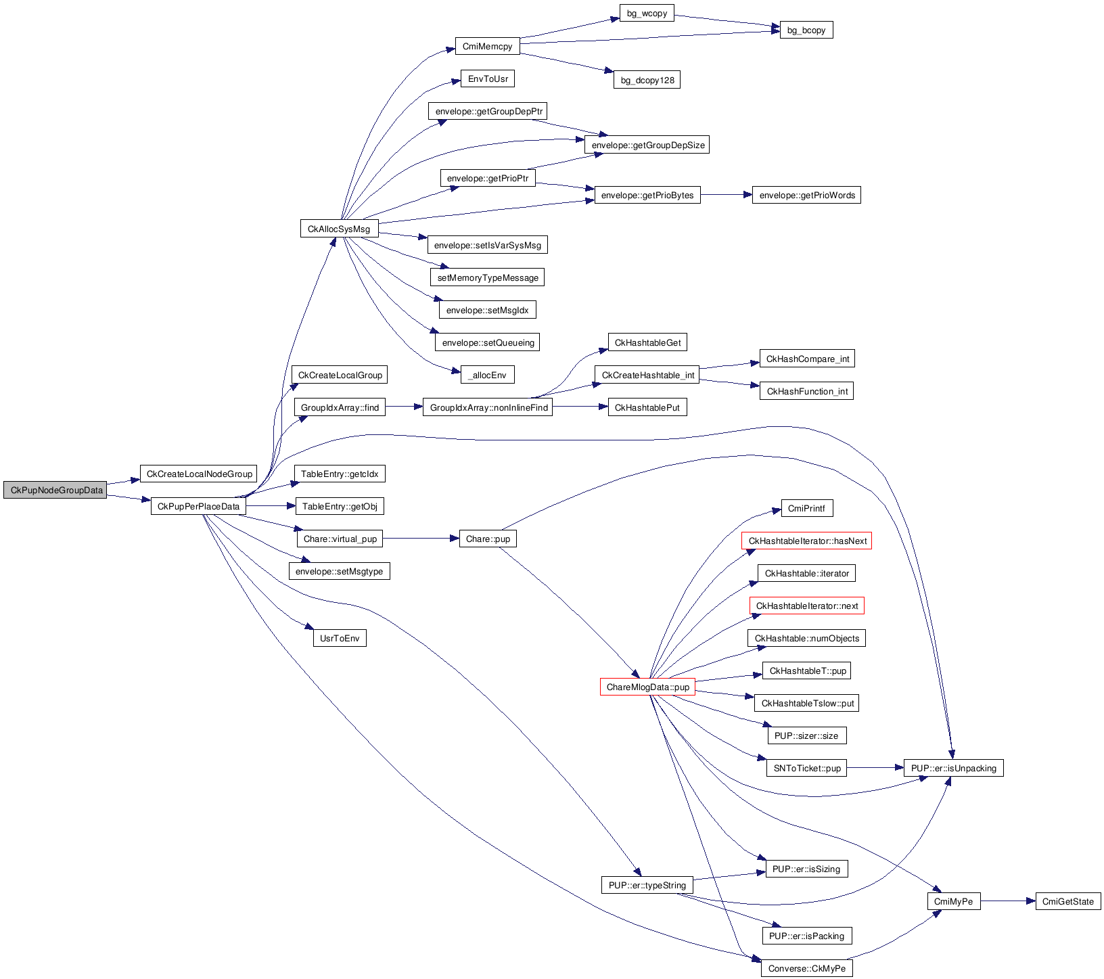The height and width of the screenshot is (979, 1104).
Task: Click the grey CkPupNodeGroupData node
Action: [55, 490]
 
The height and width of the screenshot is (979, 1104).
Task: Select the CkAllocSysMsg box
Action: [339, 229]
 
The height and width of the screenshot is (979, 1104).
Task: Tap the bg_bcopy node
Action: [806, 30]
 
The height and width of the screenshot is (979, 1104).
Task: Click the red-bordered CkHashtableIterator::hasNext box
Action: [807, 541]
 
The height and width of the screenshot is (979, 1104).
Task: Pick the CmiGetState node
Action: [1067, 901]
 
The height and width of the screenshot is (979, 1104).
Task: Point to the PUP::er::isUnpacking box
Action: [953, 768]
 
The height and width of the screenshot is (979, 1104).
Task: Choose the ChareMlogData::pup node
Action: [647, 687]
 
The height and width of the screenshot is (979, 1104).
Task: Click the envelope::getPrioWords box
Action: [806, 195]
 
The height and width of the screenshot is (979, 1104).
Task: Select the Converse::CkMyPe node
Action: [806, 968]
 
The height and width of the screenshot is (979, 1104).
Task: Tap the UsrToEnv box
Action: [340, 638]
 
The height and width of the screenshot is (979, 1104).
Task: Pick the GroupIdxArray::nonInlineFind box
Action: [488, 407]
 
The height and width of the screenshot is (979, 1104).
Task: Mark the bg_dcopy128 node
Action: [647, 80]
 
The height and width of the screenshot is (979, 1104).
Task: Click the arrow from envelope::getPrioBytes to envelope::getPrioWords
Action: [727, 195]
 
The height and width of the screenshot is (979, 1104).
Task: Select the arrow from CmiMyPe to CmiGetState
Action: [1008, 901]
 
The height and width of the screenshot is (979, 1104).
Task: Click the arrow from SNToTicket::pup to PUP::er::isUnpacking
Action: [875, 768]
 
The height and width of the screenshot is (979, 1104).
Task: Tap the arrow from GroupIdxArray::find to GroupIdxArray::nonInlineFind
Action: [404, 407]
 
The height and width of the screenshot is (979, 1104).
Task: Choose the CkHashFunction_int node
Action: [806, 391]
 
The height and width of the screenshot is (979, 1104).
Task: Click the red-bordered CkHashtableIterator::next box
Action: [806, 606]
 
